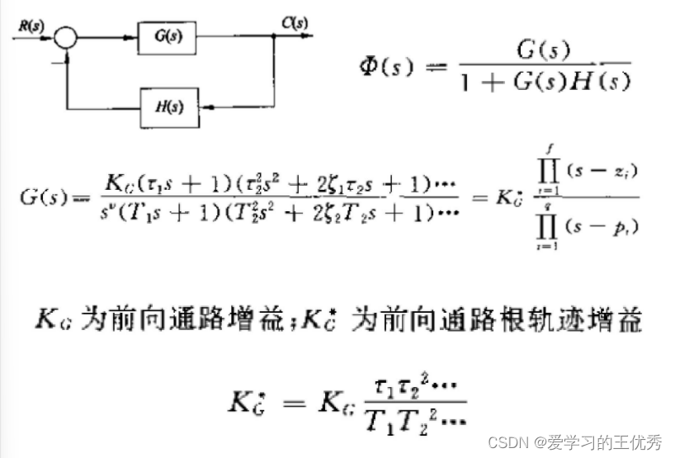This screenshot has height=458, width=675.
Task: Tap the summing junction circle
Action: click(66, 36)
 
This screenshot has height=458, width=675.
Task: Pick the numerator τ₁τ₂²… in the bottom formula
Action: click(419, 386)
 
